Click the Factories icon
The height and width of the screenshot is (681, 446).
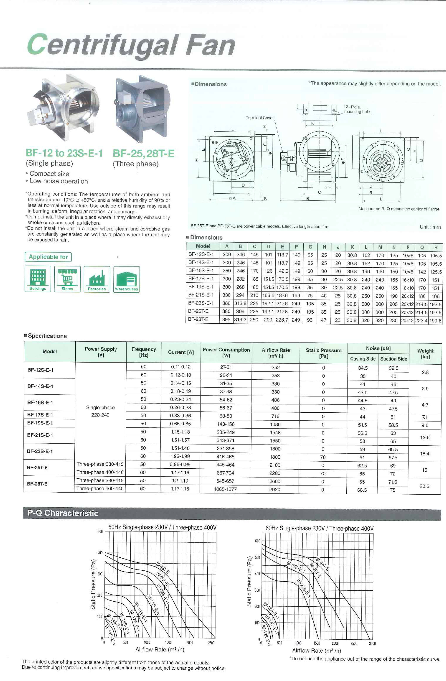97,279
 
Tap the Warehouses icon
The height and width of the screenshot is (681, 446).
126,279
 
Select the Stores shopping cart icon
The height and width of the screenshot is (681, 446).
67,279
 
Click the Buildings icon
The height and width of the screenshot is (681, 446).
38,279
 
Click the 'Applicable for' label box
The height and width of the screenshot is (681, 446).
48,257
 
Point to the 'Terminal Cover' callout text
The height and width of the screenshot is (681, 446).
259,118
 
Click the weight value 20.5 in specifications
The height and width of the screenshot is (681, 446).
424,486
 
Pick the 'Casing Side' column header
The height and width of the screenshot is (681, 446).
363,359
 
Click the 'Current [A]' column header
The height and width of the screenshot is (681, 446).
181,352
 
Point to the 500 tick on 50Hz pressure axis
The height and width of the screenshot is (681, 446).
100,532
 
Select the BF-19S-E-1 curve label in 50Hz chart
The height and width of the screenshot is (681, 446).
140,612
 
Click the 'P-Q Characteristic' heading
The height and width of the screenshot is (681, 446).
63,513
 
